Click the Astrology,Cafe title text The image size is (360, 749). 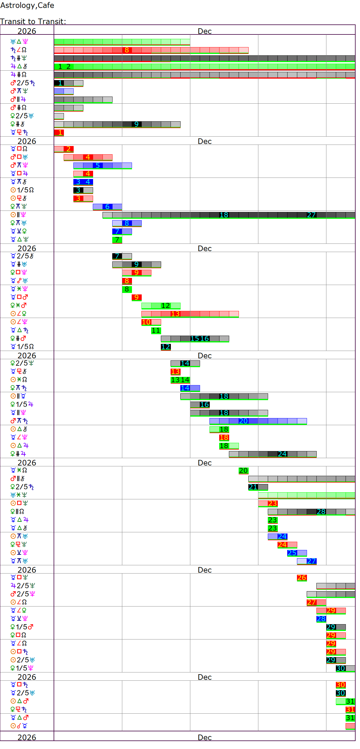(27, 5)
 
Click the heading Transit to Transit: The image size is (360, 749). (33, 21)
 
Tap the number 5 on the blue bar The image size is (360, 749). (98, 165)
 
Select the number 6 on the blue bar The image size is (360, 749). (108, 207)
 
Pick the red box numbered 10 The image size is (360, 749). (146, 322)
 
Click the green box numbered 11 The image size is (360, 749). (156, 330)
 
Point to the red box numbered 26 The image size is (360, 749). (302, 578)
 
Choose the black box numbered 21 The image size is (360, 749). (253, 487)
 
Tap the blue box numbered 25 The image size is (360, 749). (292, 553)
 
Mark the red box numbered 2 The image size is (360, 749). (69, 149)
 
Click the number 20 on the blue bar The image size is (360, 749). (243, 421)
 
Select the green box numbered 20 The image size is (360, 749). (243, 470)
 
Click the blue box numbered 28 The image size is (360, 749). (321, 619)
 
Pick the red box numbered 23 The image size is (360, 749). (273, 503)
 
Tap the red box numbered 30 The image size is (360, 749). (341, 685)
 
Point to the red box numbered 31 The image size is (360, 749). (350, 710)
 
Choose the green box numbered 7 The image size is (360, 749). (117, 240)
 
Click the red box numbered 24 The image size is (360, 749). (282, 545)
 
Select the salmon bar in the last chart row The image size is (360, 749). (350, 726)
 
